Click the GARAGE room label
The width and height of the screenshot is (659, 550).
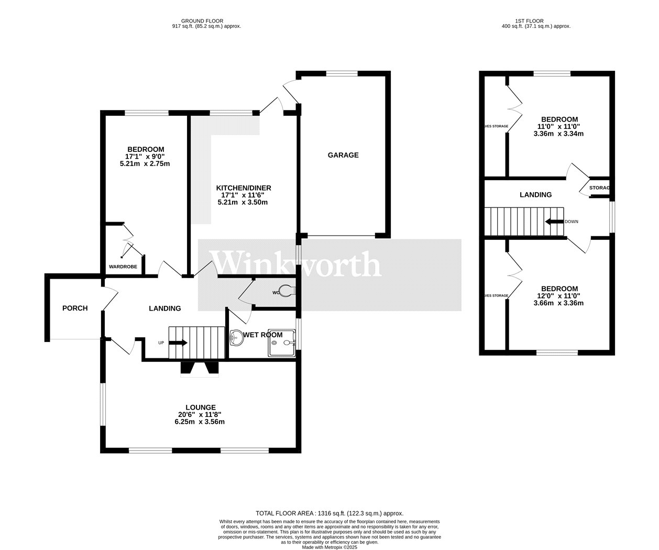point(343,155)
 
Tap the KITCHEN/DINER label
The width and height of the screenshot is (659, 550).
point(244,188)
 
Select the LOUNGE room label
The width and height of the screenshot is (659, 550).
point(200,408)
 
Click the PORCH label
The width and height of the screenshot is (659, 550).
point(75,308)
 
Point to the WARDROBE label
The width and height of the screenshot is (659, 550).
point(123,267)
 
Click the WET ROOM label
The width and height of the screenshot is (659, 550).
point(262,335)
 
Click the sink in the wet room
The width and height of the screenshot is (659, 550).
point(236,338)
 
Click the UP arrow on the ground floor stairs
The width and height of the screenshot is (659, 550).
point(178,343)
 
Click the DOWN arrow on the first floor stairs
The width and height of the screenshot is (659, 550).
point(553,222)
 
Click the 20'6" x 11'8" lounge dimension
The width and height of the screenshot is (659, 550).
point(200,414)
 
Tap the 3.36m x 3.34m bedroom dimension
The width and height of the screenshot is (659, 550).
point(558,134)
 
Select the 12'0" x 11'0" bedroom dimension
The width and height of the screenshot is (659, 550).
point(559,296)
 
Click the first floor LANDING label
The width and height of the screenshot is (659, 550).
point(535,195)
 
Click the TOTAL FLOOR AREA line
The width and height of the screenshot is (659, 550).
point(330,513)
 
